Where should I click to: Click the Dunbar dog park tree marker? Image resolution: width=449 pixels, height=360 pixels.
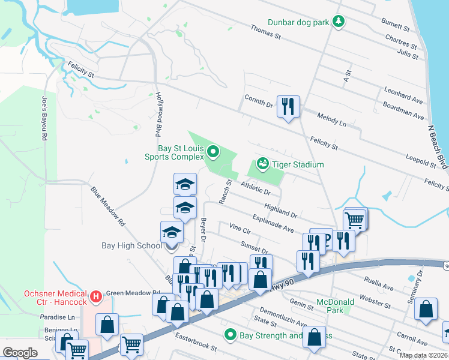pyautogui.click(x=339, y=22)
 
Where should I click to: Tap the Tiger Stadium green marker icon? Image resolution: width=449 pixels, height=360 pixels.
pyautogui.click(x=262, y=163)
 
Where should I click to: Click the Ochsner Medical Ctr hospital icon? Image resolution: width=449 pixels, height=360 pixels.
pyautogui.click(x=94, y=296)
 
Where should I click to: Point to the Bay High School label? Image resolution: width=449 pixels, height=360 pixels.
pyautogui.click(x=131, y=245)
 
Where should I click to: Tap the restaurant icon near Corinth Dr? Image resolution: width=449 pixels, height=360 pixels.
pyautogui.click(x=288, y=106)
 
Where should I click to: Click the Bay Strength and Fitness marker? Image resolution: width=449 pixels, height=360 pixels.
pyautogui.click(x=229, y=334)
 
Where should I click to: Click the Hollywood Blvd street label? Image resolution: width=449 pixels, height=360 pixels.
pyautogui.click(x=159, y=113)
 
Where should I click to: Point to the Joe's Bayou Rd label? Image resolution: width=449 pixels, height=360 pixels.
pyautogui.click(x=44, y=118)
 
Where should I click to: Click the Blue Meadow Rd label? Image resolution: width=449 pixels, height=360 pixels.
pyautogui.click(x=108, y=205)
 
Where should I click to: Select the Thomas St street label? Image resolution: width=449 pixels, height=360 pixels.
pyautogui.click(x=265, y=32)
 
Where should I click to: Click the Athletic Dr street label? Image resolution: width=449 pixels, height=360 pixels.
pyautogui.click(x=255, y=189)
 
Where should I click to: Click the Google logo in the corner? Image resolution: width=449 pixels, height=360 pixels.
pyautogui.click(x=20, y=352)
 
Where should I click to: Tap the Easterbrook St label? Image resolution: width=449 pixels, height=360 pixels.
pyautogui.click(x=196, y=347)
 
